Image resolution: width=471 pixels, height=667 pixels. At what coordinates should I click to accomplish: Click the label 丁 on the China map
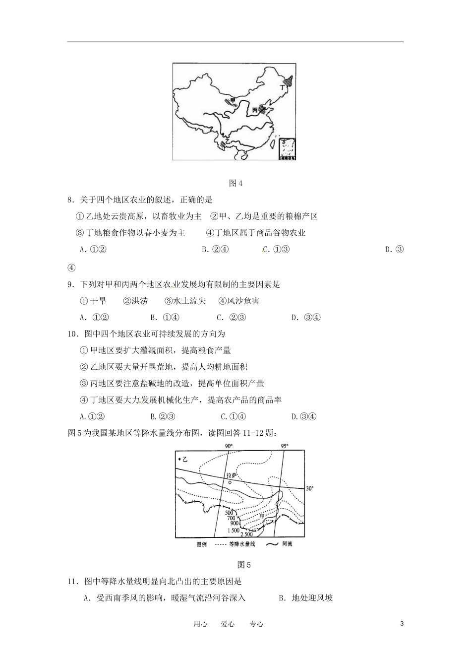(x=283, y=87)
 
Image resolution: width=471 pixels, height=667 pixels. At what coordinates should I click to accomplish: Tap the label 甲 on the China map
(x=233, y=101)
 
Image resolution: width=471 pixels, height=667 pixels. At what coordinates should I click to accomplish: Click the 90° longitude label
(x=228, y=446)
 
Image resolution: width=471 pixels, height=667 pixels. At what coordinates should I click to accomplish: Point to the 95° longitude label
(x=285, y=446)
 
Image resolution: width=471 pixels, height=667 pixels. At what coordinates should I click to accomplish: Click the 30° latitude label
(x=310, y=488)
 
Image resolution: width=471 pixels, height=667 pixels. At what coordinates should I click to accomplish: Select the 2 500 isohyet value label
(x=246, y=534)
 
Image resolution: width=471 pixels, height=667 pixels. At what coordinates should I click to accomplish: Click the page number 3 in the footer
(x=402, y=624)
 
